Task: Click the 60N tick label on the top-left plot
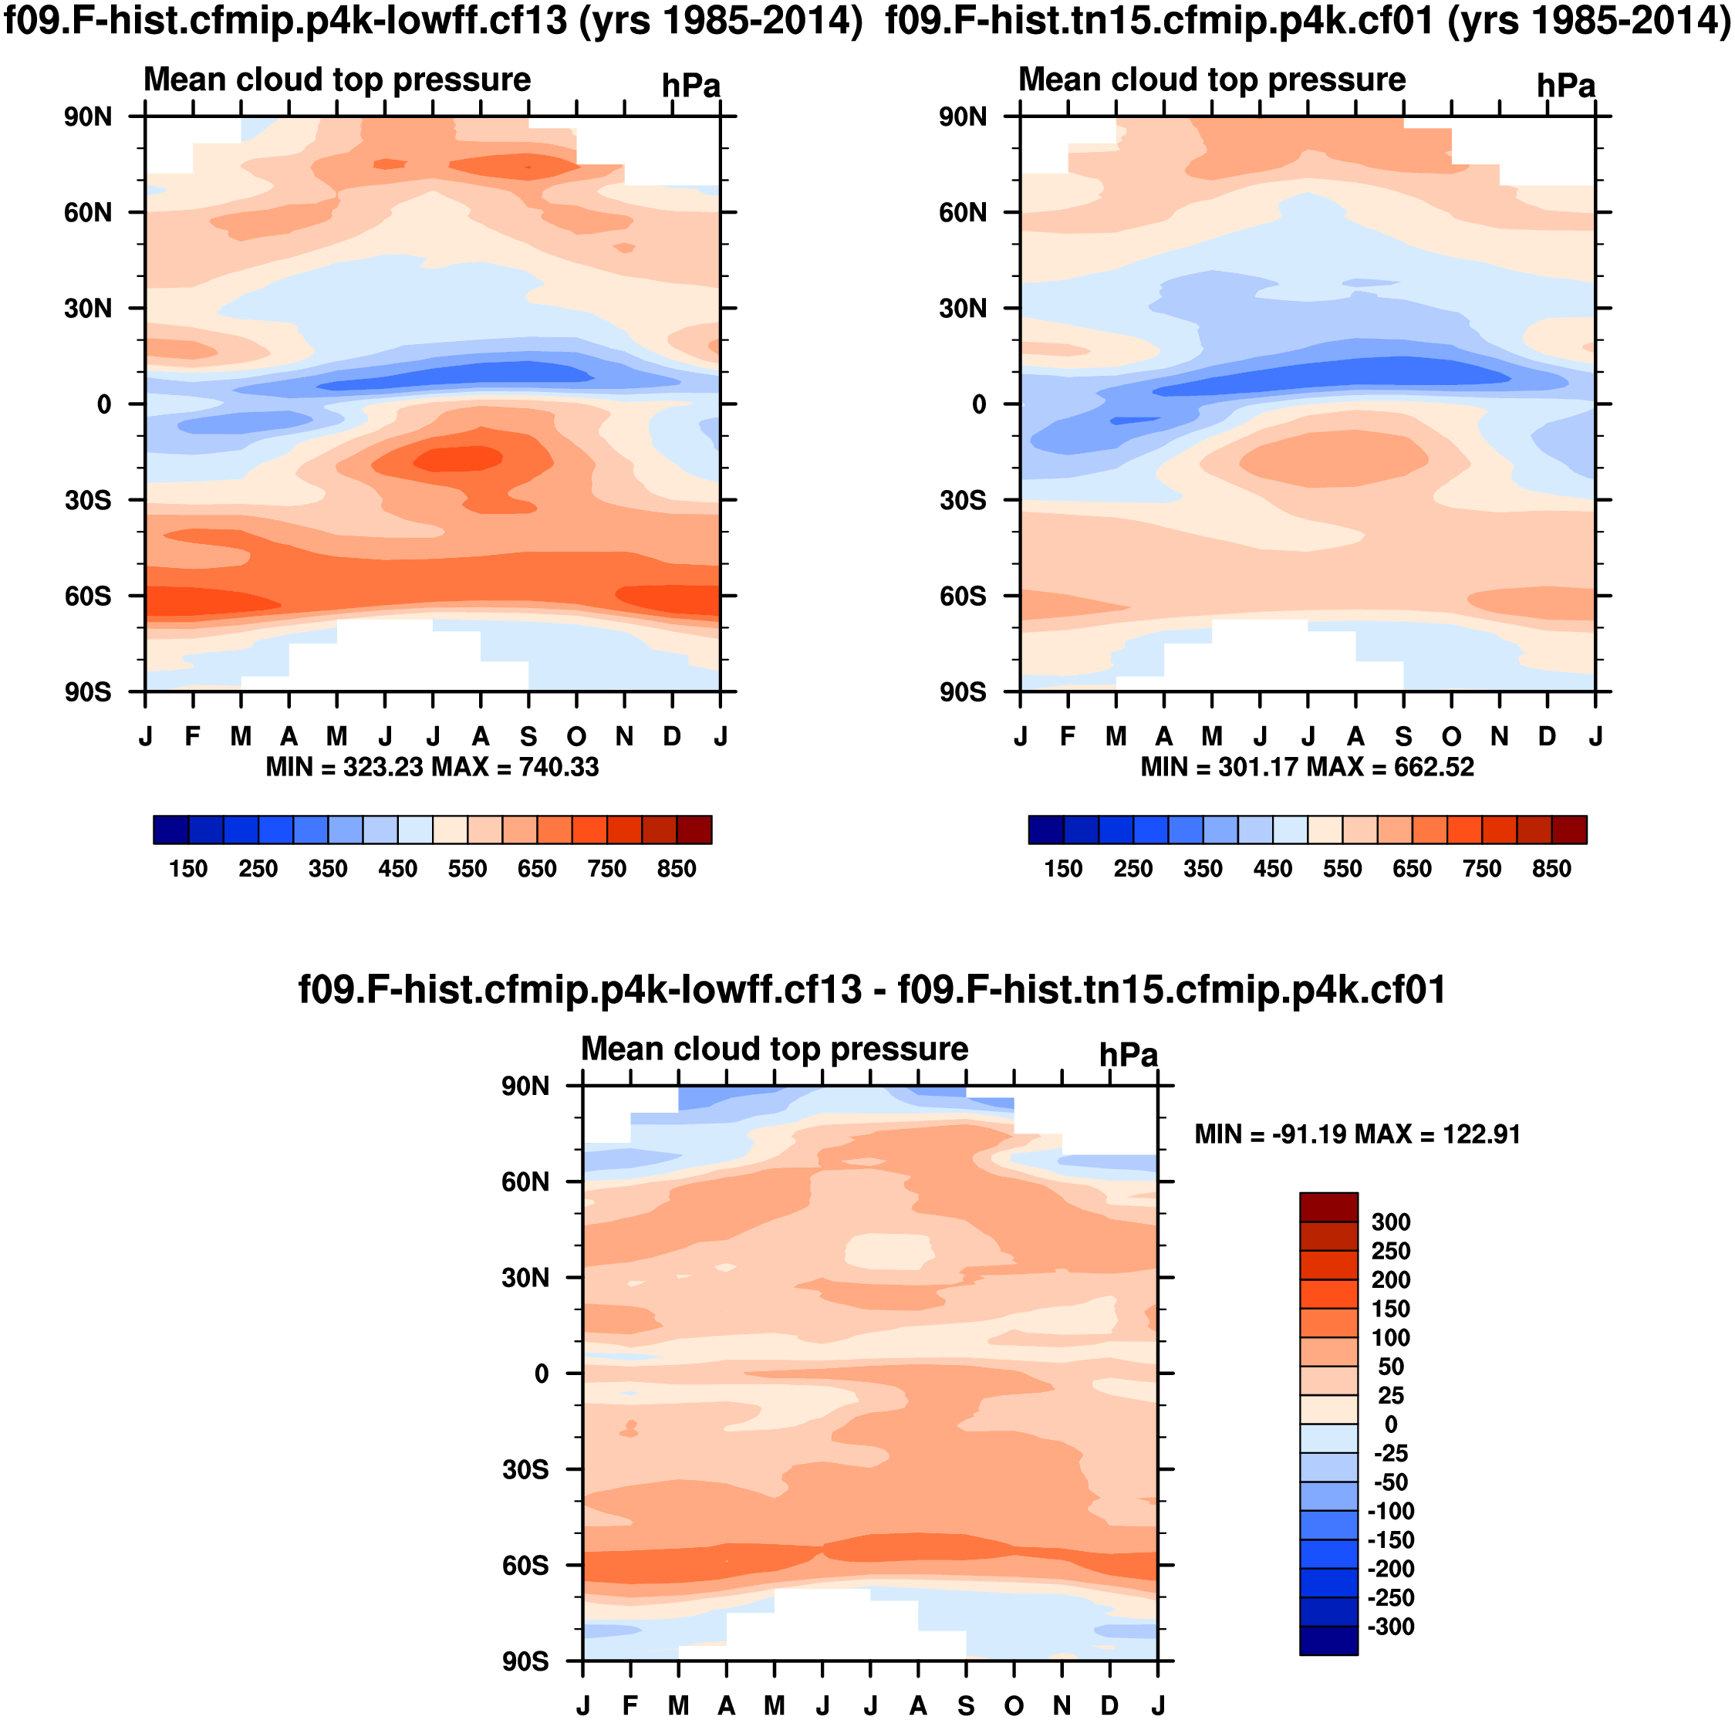87,213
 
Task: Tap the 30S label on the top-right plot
963,500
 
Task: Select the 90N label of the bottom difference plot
525,1086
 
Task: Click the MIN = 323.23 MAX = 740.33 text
432,767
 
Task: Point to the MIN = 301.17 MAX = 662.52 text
1307,767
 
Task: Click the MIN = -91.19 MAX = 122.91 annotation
1357,1134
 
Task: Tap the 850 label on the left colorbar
677,869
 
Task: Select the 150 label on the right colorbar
1063,869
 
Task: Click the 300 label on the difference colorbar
1390,1222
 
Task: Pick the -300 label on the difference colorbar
1390,1627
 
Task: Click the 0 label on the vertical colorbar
1390,1424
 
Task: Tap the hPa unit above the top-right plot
1565,86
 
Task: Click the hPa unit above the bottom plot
1128,1056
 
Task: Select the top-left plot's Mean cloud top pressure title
337,80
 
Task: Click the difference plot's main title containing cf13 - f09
871,990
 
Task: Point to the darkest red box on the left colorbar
694,830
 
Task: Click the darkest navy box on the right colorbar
1046,830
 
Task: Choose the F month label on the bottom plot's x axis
630,1705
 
